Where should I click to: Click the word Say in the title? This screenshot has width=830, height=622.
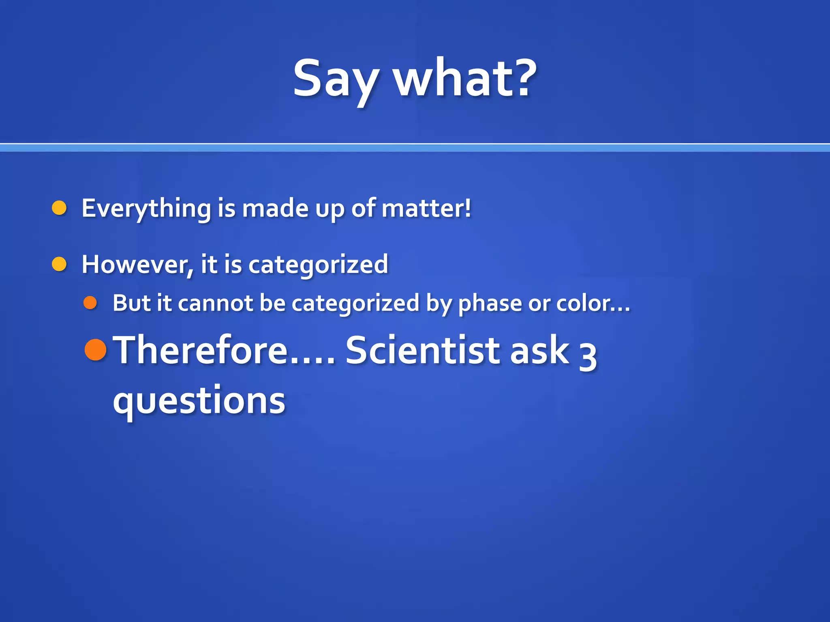pyautogui.click(x=336, y=79)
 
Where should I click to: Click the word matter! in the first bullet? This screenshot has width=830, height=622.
pyautogui.click(x=426, y=209)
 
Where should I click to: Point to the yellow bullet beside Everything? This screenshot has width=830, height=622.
pyautogui.click(x=60, y=208)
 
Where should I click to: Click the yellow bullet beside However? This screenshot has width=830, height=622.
pyautogui.click(x=60, y=264)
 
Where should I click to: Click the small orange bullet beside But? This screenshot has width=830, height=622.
pyautogui.click(x=90, y=302)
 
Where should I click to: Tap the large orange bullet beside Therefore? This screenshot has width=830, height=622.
pyautogui.click(x=96, y=349)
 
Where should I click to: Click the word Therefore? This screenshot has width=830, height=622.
pyautogui.click(x=201, y=350)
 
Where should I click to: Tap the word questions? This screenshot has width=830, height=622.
pyautogui.click(x=199, y=401)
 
